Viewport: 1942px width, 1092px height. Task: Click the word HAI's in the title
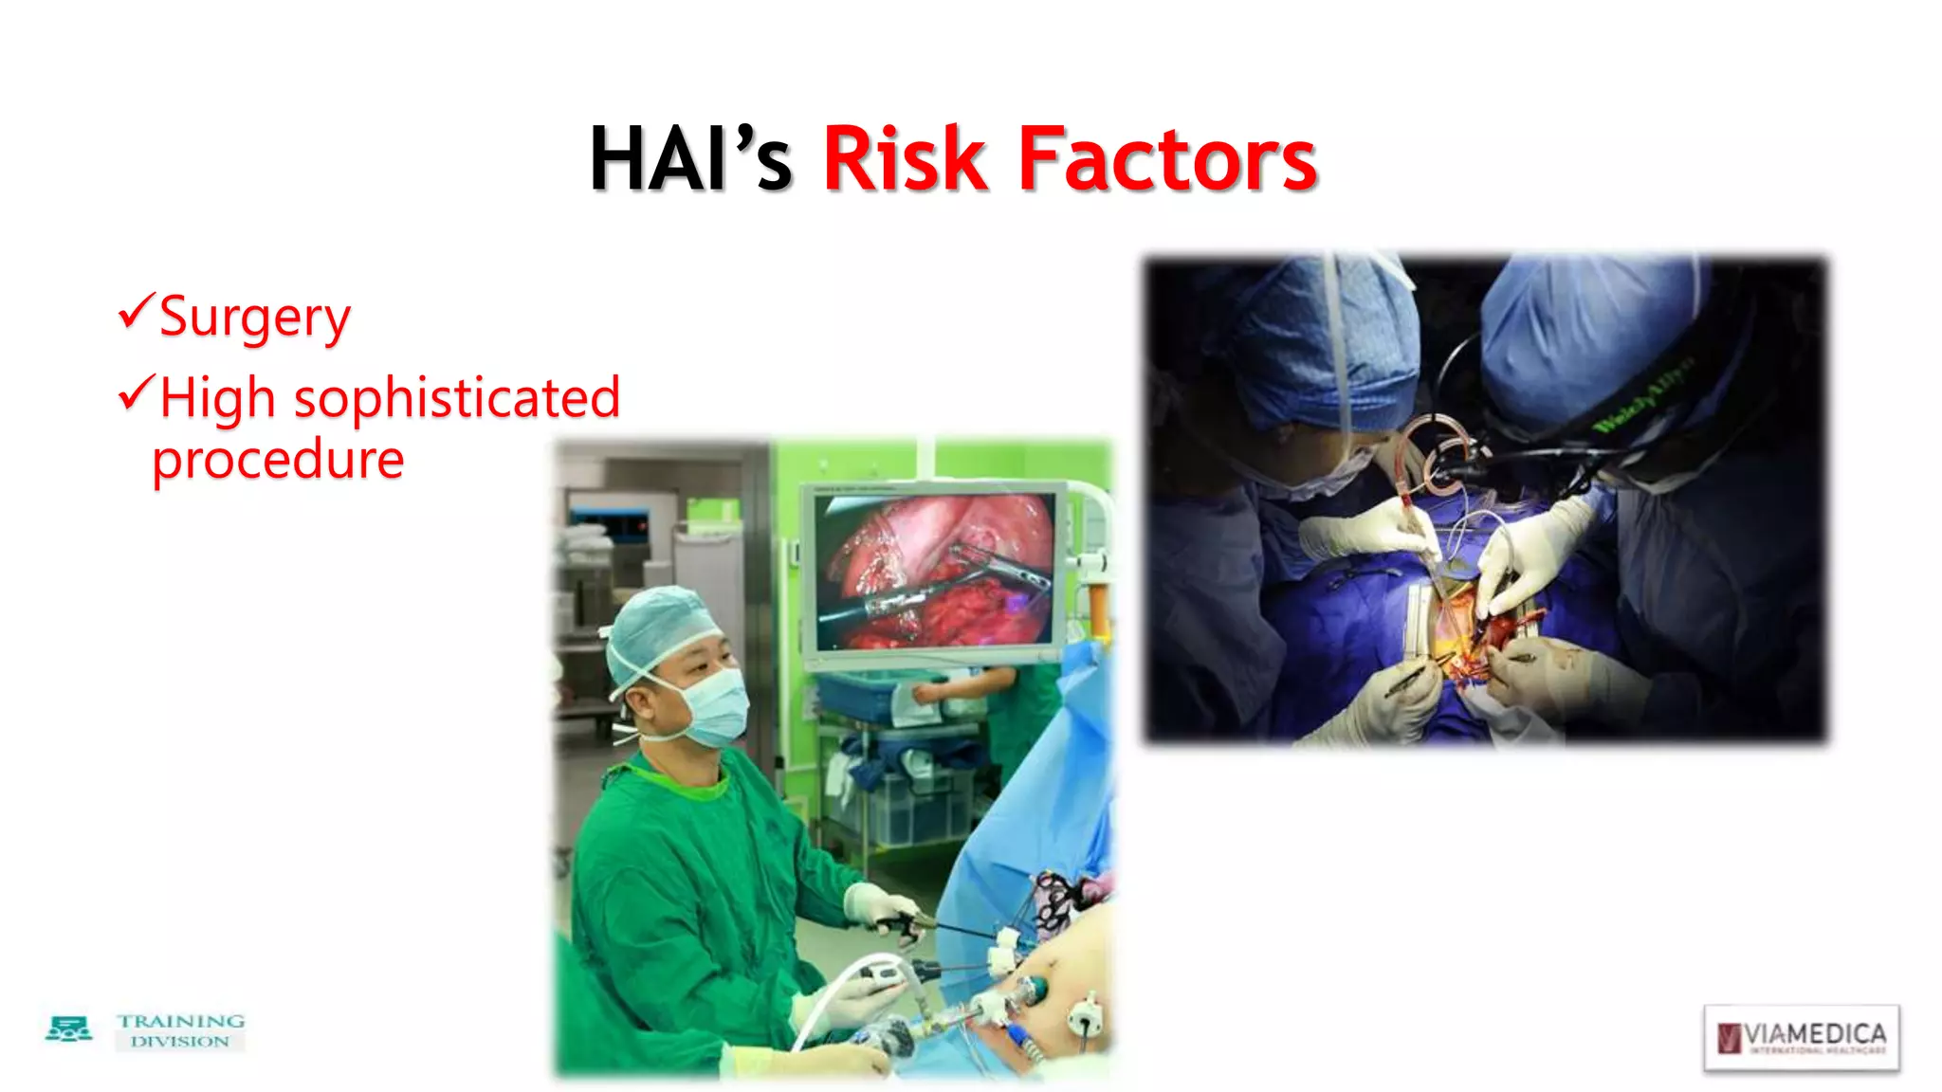point(689,159)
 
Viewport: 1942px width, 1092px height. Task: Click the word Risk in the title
point(905,159)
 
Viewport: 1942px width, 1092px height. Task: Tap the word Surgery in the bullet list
point(254,317)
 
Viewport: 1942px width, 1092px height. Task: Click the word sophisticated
point(457,398)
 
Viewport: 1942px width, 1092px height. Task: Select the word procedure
point(278,460)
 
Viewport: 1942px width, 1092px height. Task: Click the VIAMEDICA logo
point(1801,1037)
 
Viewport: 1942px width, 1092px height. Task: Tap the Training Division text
point(180,1030)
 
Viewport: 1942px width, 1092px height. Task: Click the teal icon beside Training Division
point(69,1029)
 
